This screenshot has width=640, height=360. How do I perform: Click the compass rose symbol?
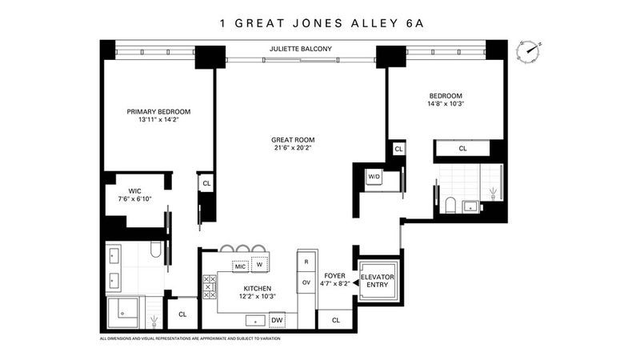pos(529,51)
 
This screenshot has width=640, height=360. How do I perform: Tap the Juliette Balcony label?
pos(301,49)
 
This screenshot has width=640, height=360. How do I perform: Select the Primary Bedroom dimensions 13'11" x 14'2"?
pos(158,120)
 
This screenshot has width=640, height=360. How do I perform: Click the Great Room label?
pos(293,140)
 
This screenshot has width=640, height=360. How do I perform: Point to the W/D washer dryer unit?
pos(374,177)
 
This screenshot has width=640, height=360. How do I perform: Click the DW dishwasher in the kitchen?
pos(277,321)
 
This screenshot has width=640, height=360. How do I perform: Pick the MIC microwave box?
pos(240,266)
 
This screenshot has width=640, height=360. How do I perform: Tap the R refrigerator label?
pos(306,262)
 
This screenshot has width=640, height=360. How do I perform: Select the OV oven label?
pos(306,282)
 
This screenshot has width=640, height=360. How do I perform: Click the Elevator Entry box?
pos(377,281)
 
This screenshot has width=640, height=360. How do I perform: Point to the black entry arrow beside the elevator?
pos(355,282)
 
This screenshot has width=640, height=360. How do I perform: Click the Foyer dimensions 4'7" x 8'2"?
pos(334,284)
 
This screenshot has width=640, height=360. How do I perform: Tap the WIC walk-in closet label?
pos(134,191)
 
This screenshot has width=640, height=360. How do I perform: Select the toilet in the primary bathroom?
pos(155,250)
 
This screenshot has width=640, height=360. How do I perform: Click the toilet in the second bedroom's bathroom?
pos(450,206)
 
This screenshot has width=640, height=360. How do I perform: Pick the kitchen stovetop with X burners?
pos(210,287)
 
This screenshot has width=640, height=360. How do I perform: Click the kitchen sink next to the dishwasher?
pos(255,321)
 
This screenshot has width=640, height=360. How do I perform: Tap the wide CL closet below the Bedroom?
pos(462,149)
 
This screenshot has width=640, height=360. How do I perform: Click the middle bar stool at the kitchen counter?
pos(243,249)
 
